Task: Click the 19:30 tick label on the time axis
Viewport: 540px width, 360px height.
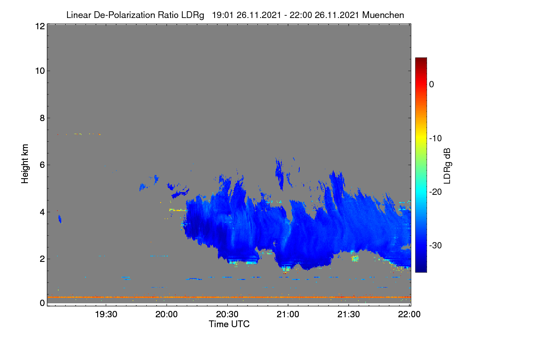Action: coord(106,315)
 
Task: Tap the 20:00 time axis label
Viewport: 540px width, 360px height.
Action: coord(166,315)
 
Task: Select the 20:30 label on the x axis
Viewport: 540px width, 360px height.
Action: coord(227,315)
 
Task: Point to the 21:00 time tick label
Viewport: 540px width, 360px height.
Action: coord(288,315)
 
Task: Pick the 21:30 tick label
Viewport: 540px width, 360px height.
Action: coord(349,315)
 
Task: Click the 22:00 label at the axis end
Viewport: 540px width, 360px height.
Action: coord(409,315)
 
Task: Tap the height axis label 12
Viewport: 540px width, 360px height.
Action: coord(40,26)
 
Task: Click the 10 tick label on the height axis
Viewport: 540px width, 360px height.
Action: coord(40,71)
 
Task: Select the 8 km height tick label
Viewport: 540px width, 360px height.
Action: coord(42,118)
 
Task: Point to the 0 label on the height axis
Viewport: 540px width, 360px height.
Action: coord(42,303)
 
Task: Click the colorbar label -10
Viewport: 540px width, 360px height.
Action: coord(436,139)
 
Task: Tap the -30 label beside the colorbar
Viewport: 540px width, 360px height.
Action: coord(436,245)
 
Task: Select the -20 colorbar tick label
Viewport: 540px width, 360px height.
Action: coord(436,192)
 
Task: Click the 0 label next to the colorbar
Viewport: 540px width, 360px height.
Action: coord(432,85)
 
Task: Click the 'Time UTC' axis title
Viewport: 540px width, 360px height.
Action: coord(229,324)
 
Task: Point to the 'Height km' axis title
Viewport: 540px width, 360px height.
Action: coord(25,164)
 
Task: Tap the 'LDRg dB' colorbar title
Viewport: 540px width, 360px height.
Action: coord(447,166)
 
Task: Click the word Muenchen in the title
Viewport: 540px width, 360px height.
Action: coord(383,15)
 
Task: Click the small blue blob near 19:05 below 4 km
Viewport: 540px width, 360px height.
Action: coord(60,219)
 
